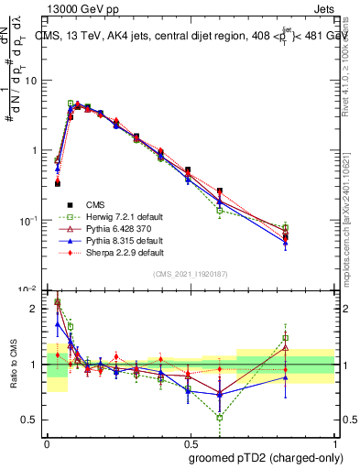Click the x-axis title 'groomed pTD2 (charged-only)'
(x=266, y=457)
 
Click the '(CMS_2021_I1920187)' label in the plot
(x=191, y=274)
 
